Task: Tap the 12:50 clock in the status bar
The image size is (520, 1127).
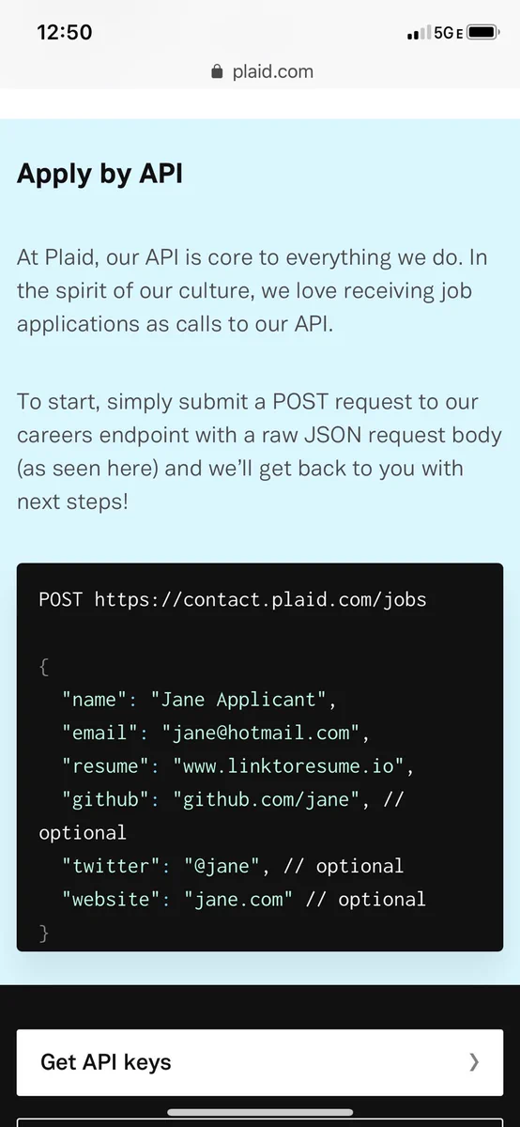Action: coord(65,32)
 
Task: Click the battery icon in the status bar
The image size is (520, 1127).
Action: coord(482,32)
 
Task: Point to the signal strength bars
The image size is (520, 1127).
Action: coord(419,33)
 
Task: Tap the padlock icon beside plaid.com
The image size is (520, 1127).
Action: coord(217,71)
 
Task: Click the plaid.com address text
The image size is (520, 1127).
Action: coord(272,71)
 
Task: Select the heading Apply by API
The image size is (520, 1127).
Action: coord(99,175)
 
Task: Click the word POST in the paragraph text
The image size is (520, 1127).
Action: coord(300,402)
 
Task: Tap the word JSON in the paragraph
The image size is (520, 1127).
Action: coord(332,435)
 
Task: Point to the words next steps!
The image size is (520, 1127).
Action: coord(72,502)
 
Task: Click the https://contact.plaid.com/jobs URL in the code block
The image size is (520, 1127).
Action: coord(261,600)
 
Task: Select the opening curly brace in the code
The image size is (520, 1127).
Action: coord(44,667)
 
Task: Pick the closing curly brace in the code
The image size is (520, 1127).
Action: coord(44,934)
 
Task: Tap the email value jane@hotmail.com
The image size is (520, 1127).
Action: coord(262,733)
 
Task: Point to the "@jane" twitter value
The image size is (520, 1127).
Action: coord(222,866)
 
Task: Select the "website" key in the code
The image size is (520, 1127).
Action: coord(111,899)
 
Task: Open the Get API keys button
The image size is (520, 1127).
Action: coord(260,1062)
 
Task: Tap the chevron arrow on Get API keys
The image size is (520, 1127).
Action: coord(474,1062)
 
